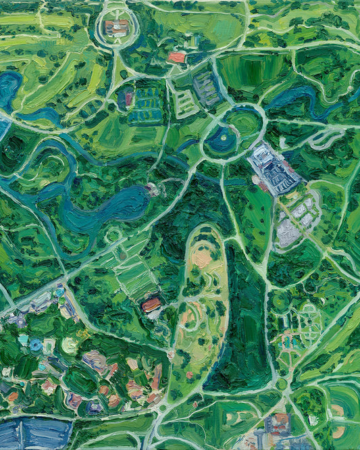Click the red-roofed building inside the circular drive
tap(116, 27)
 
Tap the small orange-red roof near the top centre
tap(176, 57)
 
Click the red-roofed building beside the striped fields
tap(151, 304)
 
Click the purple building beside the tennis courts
tap(126, 99)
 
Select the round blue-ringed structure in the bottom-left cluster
tap(36, 345)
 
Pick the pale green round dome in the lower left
tap(70, 345)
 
